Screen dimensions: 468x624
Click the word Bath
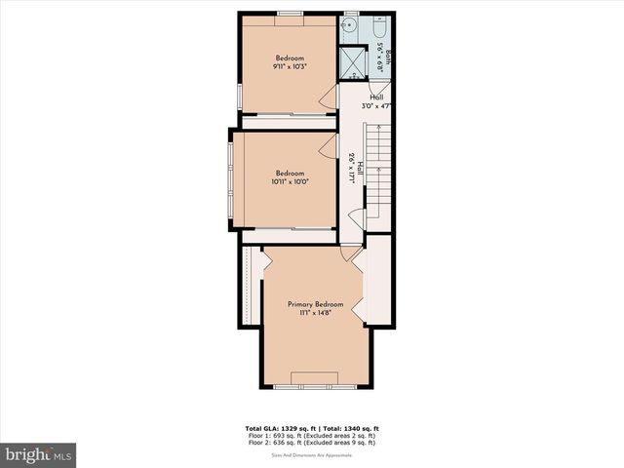pos(387,58)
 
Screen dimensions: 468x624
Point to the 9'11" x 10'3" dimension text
pos(291,67)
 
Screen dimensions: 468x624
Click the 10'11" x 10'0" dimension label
pos(290,181)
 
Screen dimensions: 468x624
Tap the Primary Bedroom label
pos(315,304)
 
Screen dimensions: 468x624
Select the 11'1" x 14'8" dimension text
pos(315,314)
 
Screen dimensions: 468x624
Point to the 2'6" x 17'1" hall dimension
pos(351,170)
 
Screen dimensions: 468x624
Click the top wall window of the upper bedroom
pos(289,13)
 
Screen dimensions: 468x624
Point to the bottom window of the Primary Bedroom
pos(316,386)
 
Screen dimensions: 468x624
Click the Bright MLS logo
pos(39,454)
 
